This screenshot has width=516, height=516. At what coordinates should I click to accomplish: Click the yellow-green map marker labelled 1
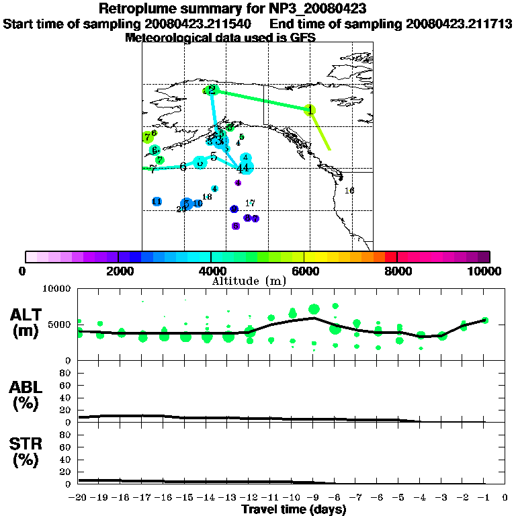310,110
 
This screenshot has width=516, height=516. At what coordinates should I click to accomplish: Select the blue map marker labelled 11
157,202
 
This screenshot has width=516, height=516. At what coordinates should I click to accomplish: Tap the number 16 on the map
349,191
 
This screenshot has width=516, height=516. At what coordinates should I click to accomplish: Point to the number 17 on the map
250,203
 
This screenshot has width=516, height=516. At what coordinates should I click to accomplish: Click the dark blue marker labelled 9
234,209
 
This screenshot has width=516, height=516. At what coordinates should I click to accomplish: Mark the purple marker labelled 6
236,226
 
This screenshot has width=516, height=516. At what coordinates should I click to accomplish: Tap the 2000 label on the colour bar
118,271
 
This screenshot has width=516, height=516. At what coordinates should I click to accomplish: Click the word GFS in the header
303,38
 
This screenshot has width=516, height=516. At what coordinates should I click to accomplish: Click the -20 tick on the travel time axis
79,498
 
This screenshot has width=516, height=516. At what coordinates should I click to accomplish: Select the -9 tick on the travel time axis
313,498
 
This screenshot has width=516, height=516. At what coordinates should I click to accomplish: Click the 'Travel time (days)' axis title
294,510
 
